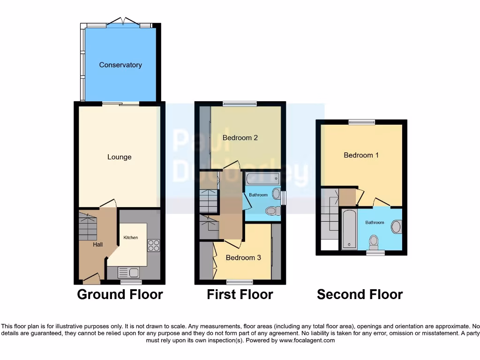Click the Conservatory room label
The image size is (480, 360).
coord(120,65)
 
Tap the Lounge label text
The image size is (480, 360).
coord(119,157)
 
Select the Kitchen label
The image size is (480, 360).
coord(131,238)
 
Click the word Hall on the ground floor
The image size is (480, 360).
coord(97,244)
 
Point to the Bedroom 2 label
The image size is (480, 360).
coord(240,138)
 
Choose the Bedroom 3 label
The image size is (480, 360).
coord(243,257)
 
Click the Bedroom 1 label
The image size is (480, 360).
coord(361,155)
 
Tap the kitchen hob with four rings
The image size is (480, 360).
coord(153,245)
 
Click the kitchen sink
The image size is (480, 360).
coord(127,272)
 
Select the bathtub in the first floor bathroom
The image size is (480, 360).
coord(262,178)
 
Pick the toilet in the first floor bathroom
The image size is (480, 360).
coord(271,211)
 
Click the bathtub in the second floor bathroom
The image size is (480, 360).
coord(349,230)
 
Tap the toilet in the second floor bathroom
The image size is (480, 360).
coord(374,241)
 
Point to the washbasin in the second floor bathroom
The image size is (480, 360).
coord(397,227)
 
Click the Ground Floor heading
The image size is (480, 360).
coord(120,294)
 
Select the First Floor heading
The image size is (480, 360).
coord(240,294)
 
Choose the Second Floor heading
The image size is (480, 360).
coord(360,294)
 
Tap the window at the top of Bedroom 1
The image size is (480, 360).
coord(361,122)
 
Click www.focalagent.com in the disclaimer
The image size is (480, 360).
coord(307,340)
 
